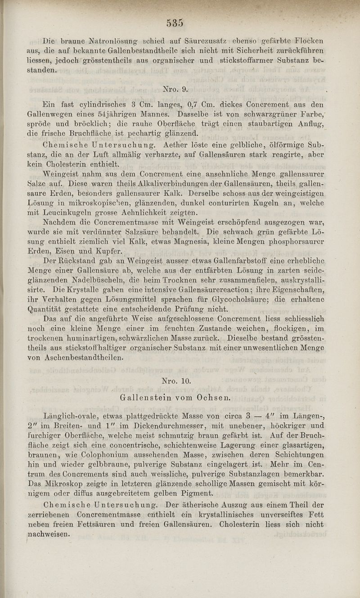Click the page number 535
point(174,22)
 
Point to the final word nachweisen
point(49,534)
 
